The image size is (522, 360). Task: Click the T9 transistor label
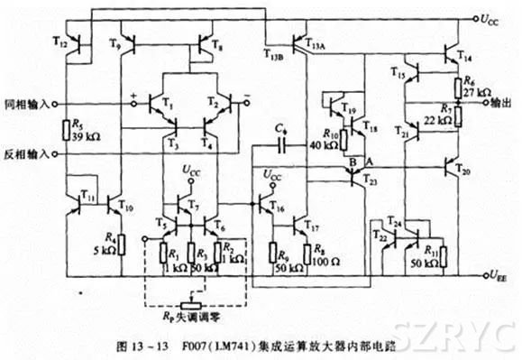[114, 43]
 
